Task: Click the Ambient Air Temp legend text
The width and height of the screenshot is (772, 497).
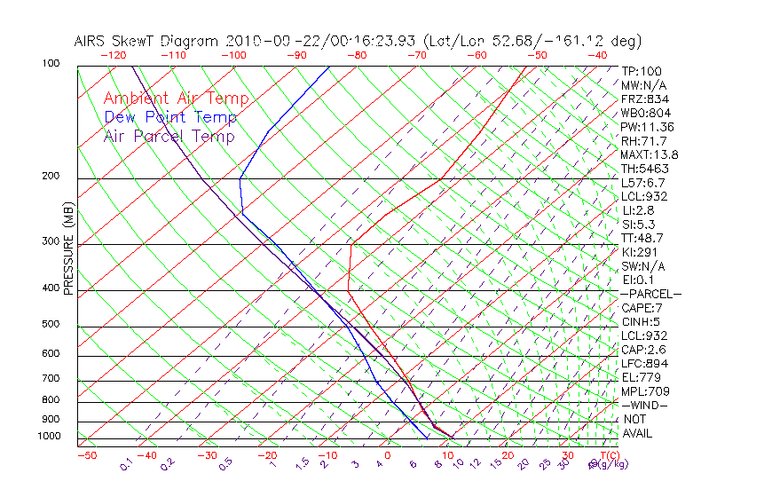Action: pyautogui.click(x=176, y=99)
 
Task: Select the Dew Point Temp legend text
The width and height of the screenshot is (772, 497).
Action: pyautogui.click(x=170, y=117)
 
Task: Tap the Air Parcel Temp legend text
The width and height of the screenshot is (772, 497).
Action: pyautogui.click(x=169, y=136)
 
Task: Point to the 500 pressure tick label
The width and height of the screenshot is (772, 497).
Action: pyautogui.click(x=51, y=325)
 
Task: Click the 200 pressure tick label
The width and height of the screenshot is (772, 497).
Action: pyautogui.click(x=51, y=177)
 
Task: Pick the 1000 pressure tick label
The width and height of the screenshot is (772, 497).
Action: pyautogui.click(x=49, y=437)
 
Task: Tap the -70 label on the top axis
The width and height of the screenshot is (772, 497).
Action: pyautogui.click(x=415, y=55)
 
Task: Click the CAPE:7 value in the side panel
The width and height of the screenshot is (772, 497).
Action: pyautogui.click(x=642, y=308)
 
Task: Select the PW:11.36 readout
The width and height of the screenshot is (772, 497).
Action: pyautogui.click(x=647, y=127)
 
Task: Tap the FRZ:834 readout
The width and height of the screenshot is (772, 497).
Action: pyautogui.click(x=645, y=99)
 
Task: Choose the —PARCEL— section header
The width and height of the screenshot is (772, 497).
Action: pyautogui.click(x=650, y=294)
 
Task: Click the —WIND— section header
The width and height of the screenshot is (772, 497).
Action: pyautogui.click(x=645, y=405)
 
